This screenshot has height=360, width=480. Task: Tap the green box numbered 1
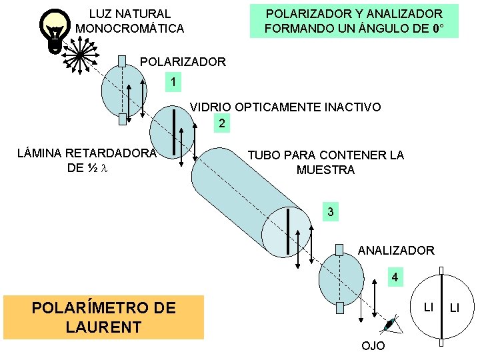173,83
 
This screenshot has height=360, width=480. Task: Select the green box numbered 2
222,123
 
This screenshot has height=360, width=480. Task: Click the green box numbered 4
395,277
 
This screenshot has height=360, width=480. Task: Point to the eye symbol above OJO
389,325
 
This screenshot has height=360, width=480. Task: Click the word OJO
373,347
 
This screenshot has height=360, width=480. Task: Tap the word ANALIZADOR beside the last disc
396,251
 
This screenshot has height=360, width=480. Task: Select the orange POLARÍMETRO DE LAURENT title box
104,317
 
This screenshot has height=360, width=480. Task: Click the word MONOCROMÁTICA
130,29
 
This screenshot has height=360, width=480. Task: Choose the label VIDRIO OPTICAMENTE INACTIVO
286,107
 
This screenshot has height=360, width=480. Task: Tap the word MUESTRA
325,170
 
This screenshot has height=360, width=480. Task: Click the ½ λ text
97,169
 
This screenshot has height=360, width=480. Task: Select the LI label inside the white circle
429,306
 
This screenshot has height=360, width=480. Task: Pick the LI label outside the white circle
457,307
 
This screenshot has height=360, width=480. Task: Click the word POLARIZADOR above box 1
183,62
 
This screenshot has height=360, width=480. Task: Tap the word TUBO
264,155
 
